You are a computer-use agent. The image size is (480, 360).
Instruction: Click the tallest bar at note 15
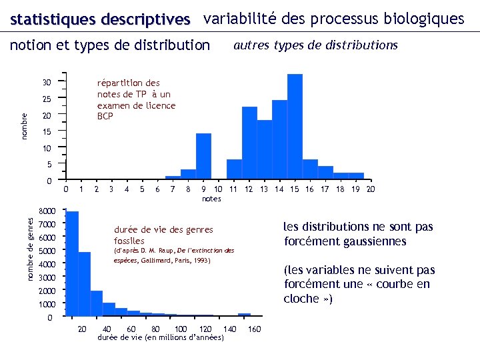coord(295,127)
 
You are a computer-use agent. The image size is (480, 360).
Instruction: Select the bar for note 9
coord(203,156)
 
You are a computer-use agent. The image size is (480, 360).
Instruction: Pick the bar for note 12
coord(249,143)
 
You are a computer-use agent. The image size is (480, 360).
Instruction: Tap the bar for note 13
coord(264,149)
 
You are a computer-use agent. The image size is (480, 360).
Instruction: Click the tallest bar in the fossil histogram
coord(72,264)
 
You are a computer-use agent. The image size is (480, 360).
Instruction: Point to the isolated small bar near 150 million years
coord(244,315)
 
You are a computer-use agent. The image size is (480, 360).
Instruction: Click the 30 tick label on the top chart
coord(47,83)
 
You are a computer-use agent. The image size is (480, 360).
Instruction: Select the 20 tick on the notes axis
coord(371,190)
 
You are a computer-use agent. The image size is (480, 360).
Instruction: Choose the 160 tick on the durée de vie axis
coord(254,329)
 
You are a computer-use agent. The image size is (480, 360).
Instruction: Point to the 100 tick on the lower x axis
coord(180,329)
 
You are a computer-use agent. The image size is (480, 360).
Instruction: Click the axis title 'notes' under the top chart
coord(211,199)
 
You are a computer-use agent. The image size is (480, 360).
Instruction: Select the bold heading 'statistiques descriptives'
coord(100,19)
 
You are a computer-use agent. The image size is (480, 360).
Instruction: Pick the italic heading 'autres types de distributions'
coord(315,45)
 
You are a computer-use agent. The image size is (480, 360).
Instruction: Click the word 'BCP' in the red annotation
coord(105,117)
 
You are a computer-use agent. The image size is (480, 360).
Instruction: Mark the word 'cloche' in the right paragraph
coord(301,299)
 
